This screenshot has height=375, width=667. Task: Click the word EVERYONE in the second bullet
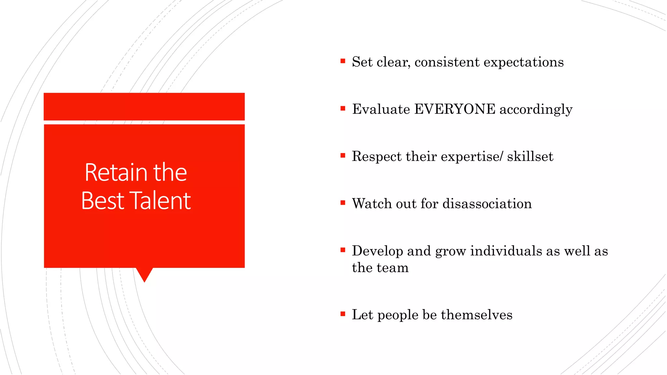[x=455, y=109]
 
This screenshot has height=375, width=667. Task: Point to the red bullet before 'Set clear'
[x=343, y=61]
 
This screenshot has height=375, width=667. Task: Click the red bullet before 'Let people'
[x=343, y=314]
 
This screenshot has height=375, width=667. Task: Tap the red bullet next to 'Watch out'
[x=343, y=202]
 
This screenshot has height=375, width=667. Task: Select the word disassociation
[x=487, y=204]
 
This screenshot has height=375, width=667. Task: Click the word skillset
[x=530, y=157]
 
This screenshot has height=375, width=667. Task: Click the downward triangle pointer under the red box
[x=144, y=274]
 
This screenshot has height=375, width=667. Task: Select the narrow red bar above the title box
[x=144, y=106]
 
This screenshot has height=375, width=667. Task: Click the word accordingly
[x=536, y=110]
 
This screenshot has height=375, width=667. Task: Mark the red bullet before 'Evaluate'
[x=343, y=108]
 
